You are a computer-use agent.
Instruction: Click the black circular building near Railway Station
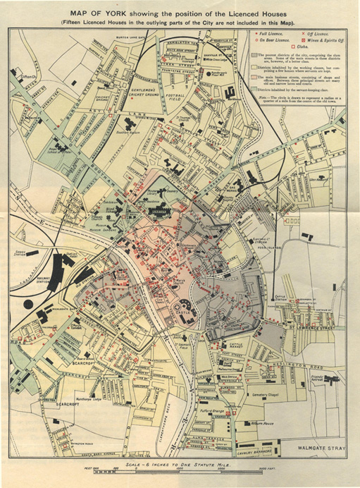click(29, 305)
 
